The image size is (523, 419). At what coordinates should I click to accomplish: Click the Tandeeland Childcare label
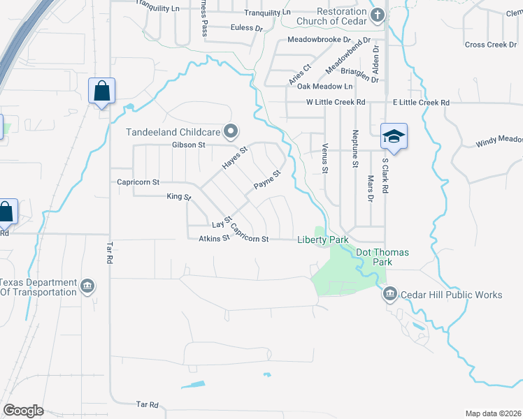(x=173, y=131)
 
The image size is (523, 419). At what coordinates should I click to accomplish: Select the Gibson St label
(x=187, y=145)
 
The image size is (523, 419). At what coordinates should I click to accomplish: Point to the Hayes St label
(x=235, y=158)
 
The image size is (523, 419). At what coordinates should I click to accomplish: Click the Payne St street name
(x=266, y=180)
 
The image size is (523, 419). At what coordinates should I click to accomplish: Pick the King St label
(x=179, y=197)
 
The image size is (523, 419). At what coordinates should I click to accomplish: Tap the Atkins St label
(x=214, y=239)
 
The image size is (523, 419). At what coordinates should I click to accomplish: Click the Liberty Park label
(x=322, y=240)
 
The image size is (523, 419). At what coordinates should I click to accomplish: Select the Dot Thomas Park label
(x=382, y=257)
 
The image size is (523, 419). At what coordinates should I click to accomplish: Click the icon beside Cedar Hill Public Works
(x=390, y=295)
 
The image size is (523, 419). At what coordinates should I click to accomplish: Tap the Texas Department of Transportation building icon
(x=88, y=286)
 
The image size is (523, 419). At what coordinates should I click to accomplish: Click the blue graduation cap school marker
(x=394, y=136)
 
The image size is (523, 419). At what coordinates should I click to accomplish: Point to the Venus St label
(x=325, y=159)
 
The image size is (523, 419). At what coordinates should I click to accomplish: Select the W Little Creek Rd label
(x=336, y=102)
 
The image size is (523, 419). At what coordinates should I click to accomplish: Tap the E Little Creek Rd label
(x=421, y=102)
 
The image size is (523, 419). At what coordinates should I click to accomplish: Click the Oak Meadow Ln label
(x=324, y=86)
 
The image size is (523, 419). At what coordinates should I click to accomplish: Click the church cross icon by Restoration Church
(x=378, y=15)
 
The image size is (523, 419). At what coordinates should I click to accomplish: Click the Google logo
(x=23, y=411)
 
